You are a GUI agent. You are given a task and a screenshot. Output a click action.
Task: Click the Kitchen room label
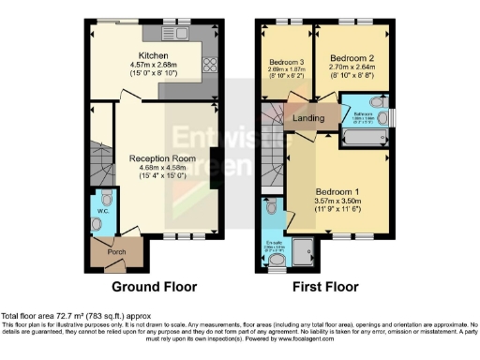pos(153,54)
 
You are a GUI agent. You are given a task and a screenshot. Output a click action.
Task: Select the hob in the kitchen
pos(208,66)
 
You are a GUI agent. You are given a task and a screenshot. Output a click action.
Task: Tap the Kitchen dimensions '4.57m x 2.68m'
pos(153,64)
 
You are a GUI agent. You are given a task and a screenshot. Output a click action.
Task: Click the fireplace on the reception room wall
pos(216,170)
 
